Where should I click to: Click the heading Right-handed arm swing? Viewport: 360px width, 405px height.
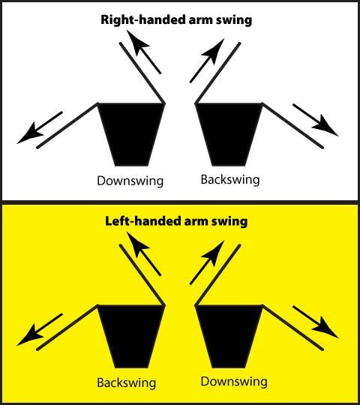176,20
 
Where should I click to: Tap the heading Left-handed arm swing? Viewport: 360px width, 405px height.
176,221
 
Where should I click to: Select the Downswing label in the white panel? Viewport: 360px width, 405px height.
130,181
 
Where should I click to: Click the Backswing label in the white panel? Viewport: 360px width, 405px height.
230,179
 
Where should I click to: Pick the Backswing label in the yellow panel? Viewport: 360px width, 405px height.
127,382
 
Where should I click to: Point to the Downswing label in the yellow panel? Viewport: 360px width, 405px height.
234,382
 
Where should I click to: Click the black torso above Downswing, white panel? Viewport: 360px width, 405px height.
131,134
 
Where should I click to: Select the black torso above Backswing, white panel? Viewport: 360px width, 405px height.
229,134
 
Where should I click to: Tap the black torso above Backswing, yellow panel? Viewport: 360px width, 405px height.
131,336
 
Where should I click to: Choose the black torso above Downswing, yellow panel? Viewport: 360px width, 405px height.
229,336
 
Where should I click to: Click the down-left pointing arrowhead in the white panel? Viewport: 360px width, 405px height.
30,133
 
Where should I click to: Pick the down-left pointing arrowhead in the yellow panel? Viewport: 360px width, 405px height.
30,335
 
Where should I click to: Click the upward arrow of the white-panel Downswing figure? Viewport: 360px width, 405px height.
143,52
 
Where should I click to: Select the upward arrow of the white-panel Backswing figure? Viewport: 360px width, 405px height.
207,61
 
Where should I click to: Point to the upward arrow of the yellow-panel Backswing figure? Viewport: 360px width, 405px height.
143,253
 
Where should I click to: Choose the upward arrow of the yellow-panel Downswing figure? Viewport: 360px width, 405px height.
207,262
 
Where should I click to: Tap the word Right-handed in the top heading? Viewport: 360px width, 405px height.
143,20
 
